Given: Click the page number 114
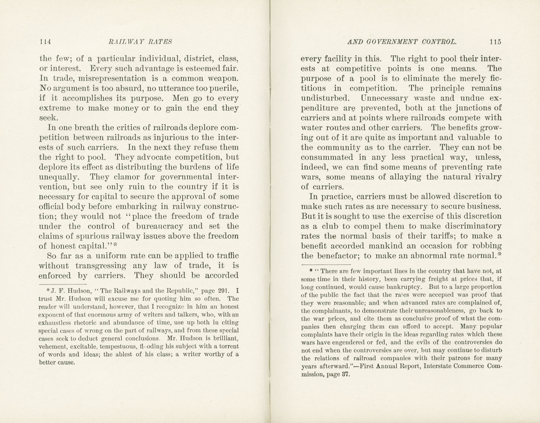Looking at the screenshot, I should [45, 42].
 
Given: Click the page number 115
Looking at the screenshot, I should [494, 42].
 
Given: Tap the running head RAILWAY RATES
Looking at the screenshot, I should [140, 42].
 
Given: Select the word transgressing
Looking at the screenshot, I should [101, 266].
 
